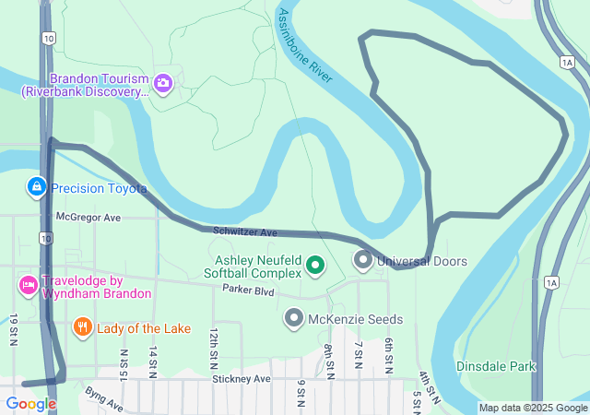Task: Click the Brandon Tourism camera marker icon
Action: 163,84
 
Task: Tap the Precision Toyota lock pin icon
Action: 36,188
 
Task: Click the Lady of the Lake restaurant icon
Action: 83,326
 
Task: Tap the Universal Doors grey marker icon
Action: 363,261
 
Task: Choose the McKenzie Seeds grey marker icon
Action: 294,319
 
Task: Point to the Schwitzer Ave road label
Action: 245,233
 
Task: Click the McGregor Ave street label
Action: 88,218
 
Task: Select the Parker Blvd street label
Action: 249,290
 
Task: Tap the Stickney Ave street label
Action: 241,378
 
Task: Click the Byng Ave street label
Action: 103,397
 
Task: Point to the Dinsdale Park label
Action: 496,366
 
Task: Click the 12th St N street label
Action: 214,342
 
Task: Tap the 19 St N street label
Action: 14,329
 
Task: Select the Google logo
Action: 30,403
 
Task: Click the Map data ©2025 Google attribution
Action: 534,408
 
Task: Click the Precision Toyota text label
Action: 99,188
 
